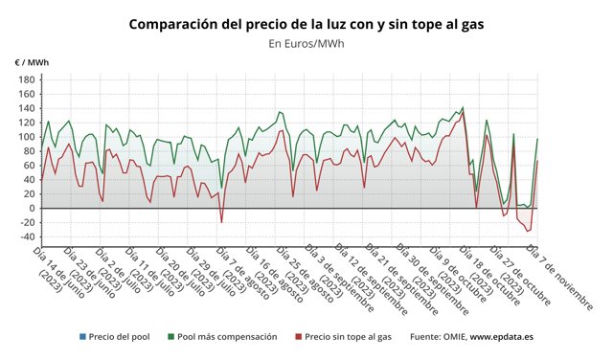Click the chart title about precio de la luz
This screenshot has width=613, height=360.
coord(306,23)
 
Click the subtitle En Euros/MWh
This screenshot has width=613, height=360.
coord(306,43)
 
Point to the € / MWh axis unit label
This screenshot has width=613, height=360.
coord(32,63)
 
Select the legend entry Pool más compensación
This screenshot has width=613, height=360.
coord(227,337)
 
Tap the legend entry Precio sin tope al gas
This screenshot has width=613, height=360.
coord(349,337)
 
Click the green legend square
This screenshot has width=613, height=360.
coord(171,337)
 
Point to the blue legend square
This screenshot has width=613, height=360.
coord(83,337)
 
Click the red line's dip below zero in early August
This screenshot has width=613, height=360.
coord(222,222)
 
